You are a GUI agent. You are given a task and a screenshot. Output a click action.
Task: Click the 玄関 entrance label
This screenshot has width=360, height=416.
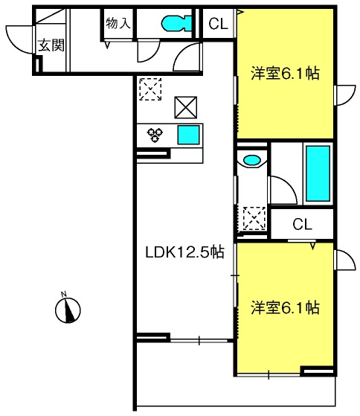tap(51, 45)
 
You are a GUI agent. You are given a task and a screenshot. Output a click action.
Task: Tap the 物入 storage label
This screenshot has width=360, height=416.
tap(118, 23)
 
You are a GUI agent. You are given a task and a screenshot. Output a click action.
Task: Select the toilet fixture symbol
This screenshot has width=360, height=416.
tap(176, 23)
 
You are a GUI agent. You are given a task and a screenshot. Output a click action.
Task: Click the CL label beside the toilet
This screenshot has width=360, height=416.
tap(218, 24)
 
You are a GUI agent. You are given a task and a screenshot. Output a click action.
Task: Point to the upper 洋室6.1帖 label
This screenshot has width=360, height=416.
tap(285, 73)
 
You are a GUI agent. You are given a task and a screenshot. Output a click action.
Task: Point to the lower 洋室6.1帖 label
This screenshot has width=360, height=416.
tap(285, 307)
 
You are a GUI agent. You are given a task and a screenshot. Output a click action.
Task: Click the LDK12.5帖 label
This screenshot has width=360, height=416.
tap(184, 252)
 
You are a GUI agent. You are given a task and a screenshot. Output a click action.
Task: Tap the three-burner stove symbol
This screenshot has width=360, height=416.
tap(155, 135)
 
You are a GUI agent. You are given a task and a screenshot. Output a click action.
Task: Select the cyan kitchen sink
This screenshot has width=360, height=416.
tap(188, 135)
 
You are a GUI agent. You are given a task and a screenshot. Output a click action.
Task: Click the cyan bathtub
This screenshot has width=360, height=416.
tap(318, 173)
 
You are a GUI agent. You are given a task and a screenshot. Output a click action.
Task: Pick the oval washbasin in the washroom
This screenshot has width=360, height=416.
tap(251, 160)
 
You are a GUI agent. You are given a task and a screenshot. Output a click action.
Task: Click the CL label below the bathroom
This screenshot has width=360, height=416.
tap(302, 224)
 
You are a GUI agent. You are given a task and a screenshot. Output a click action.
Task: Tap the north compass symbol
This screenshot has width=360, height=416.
tap(68, 310)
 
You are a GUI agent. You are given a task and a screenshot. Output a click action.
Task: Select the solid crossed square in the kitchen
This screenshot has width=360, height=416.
tap(185, 107)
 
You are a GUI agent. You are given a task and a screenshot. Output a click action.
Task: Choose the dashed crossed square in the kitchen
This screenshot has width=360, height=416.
tap(150, 89)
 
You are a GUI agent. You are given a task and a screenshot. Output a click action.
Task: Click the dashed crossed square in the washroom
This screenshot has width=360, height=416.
tap(254, 218)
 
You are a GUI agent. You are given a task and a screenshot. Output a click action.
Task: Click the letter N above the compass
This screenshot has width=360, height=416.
tap(64, 294)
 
